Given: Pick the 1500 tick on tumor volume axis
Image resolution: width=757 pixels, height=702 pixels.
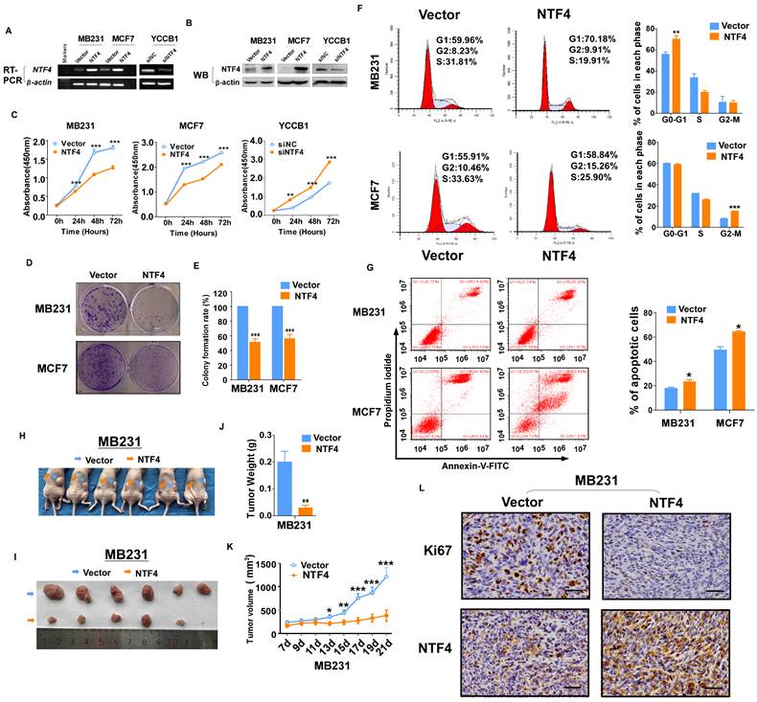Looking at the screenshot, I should (x=270, y=563).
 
